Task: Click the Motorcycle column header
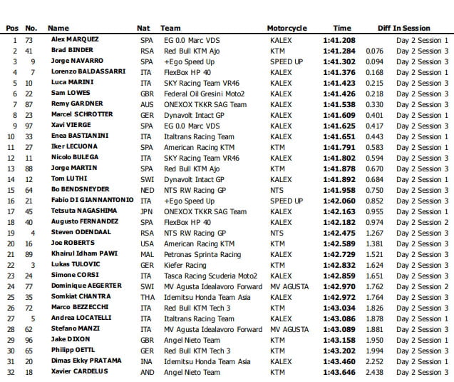[287, 28]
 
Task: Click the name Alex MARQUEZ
[76, 39]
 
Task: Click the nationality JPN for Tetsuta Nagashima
[147, 211]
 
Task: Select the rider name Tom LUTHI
[69, 179]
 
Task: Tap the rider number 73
[29, 40]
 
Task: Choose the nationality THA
[148, 297]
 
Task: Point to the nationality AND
[148, 372]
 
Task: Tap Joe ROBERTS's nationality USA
[148, 243]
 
